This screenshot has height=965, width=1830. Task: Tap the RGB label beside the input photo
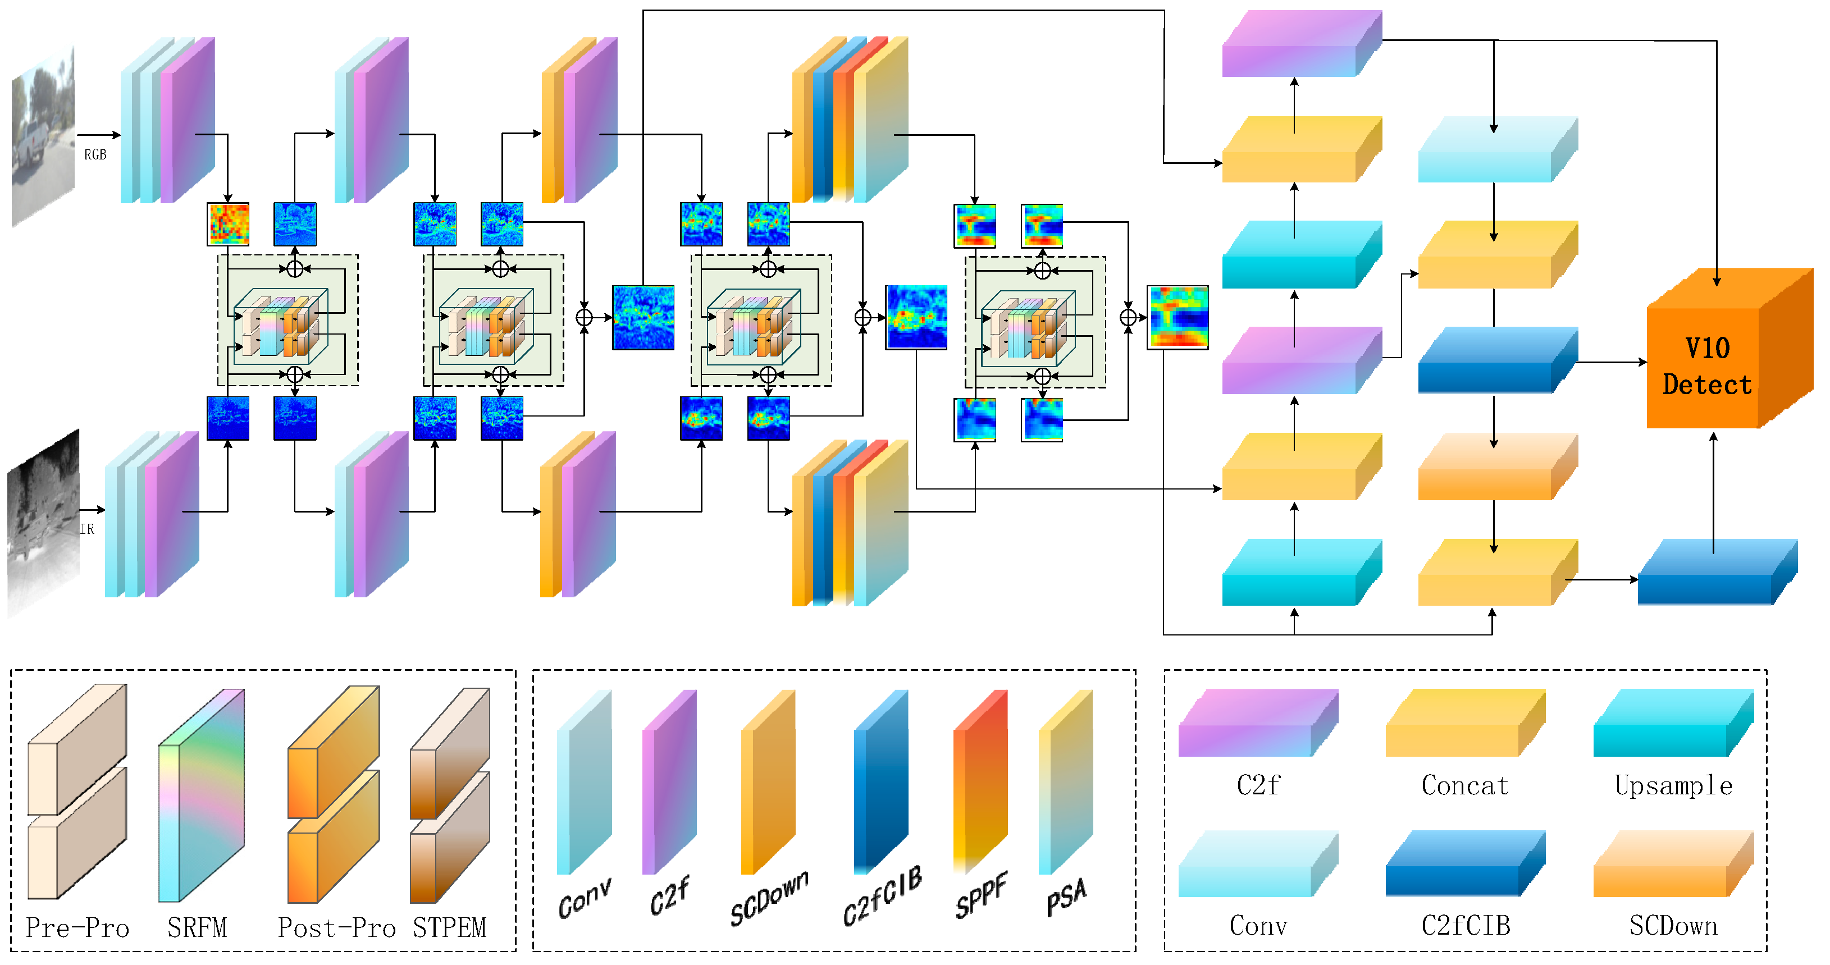[95, 155]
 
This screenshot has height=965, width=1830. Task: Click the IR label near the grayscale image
[86, 529]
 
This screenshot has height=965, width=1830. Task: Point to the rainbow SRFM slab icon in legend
[201, 795]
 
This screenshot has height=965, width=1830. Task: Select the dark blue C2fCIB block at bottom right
[1717, 573]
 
